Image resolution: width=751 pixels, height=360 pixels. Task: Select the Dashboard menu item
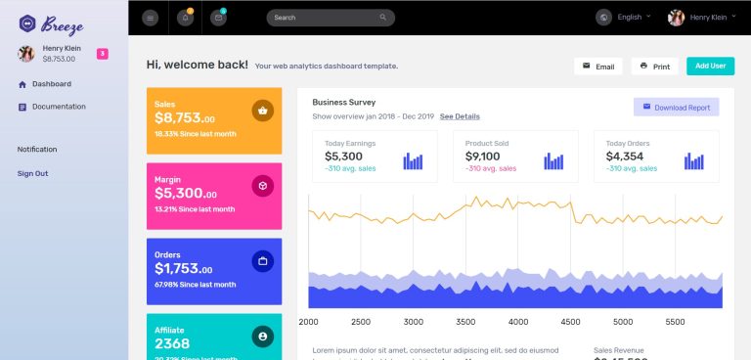pyautogui.click(x=51, y=84)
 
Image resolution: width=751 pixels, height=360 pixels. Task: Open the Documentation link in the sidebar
pyautogui.click(x=59, y=107)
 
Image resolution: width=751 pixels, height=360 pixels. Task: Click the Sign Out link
pyautogui.click(x=32, y=173)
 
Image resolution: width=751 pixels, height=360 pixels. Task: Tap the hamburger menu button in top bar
pyautogui.click(x=150, y=18)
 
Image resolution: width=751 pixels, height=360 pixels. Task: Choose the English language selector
pyautogui.click(x=629, y=18)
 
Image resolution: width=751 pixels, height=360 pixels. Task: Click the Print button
pyautogui.click(x=654, y=67)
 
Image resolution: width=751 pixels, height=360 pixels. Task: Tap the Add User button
pyautogui.click(x=710, y=67)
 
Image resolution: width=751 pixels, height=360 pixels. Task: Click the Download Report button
pyautogui.click(x=676, y=108)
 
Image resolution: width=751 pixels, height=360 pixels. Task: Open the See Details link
pyautogui.click(x=460, y=116)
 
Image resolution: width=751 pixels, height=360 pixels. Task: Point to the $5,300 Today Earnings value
pyautogui.click(x=343, y=157)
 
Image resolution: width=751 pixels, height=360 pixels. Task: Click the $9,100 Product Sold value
pyautogui.click(x=483, y=157)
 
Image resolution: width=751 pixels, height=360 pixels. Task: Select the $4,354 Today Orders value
pyautogui.click(x=624, y=157)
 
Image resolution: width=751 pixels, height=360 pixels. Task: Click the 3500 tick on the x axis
pyautogui.click(x=465, y=321)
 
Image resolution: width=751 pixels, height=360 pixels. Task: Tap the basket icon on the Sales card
pyautogui.click(x=262, y=111)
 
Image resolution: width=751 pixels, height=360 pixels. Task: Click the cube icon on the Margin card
pyautogui.click(x=262, y=186)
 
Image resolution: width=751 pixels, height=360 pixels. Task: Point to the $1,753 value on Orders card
pyautogui.click(x=184, y=269)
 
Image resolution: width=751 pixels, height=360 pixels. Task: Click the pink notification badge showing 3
pyautogui.click(x=103, y=53)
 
